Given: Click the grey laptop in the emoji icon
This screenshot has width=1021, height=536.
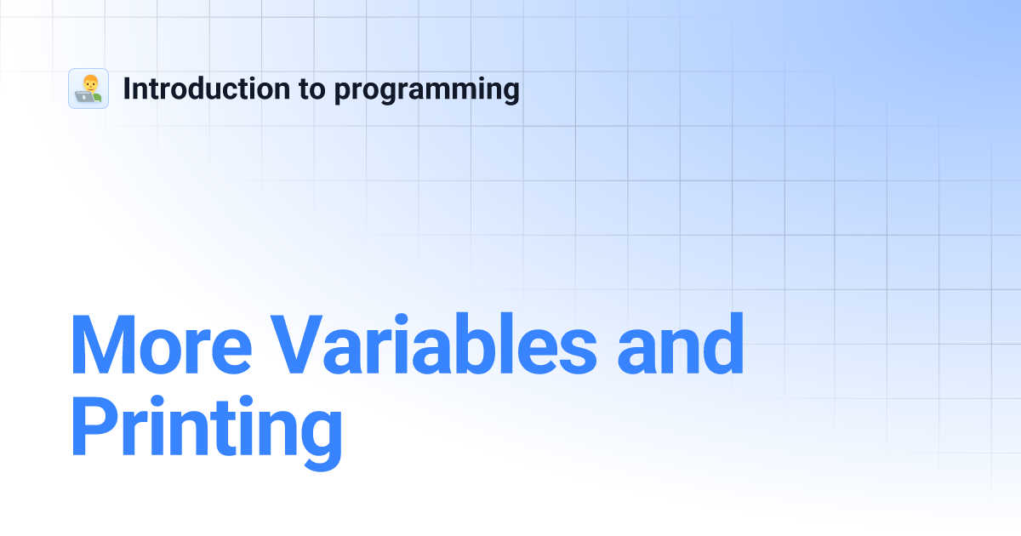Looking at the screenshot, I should pos(84,97).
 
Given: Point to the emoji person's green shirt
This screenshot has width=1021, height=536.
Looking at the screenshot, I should pos(96,97).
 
